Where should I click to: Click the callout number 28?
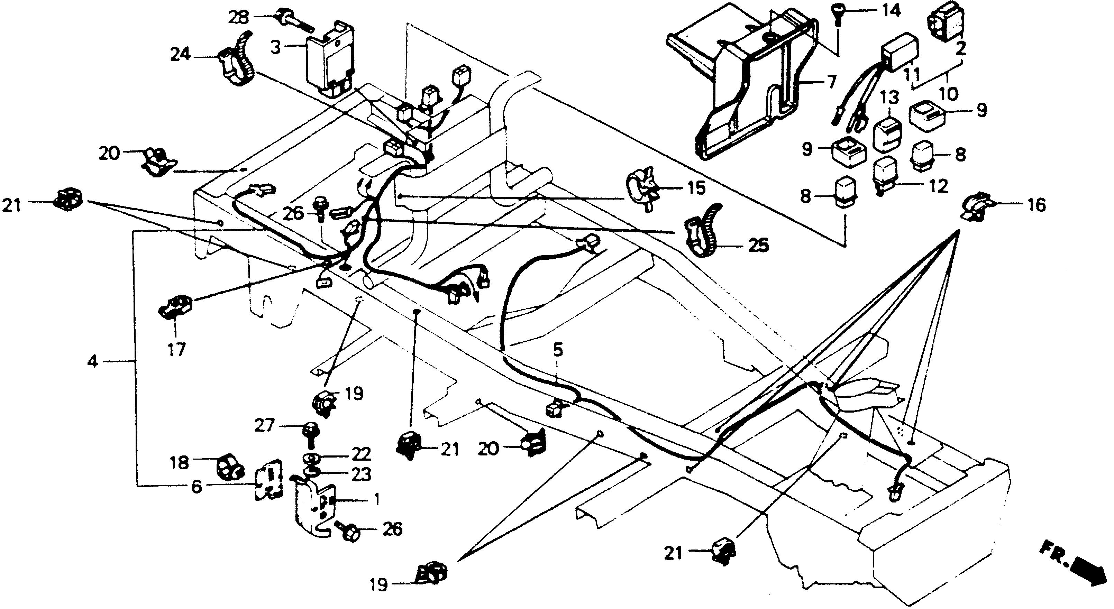coord(239,18)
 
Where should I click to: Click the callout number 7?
coord(831,82)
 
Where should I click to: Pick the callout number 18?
coord(180,463)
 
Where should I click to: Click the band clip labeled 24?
coord(235,61)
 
